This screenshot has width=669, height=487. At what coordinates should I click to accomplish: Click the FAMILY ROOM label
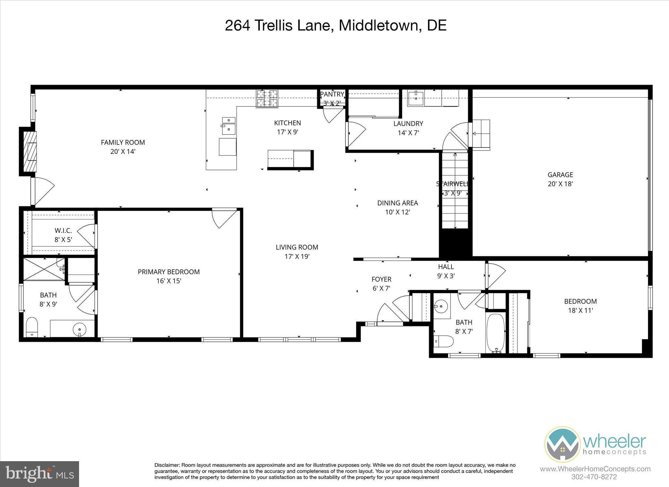point(123,142)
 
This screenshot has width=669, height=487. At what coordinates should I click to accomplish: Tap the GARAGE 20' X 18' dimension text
point(560,184)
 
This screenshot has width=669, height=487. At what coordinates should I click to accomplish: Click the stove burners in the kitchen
point(267,98)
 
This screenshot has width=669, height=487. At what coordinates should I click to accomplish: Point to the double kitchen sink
point(229,126)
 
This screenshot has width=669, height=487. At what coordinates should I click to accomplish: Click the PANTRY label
point(332,95)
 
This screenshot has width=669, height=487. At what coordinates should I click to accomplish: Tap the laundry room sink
point(416,97)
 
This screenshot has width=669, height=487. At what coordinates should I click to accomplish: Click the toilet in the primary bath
point(32,326)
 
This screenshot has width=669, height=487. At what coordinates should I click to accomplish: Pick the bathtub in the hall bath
point(496,333)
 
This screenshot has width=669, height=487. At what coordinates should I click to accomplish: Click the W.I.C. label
point(63,231)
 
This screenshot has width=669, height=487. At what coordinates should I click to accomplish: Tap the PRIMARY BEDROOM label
point(169,272)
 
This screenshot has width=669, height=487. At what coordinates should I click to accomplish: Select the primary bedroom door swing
point(223,217)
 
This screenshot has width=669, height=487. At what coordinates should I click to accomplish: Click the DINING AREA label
point(397,203)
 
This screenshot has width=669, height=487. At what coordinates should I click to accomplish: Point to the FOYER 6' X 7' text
point(381,288)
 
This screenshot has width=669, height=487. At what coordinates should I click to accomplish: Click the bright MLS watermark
point(40,474)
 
